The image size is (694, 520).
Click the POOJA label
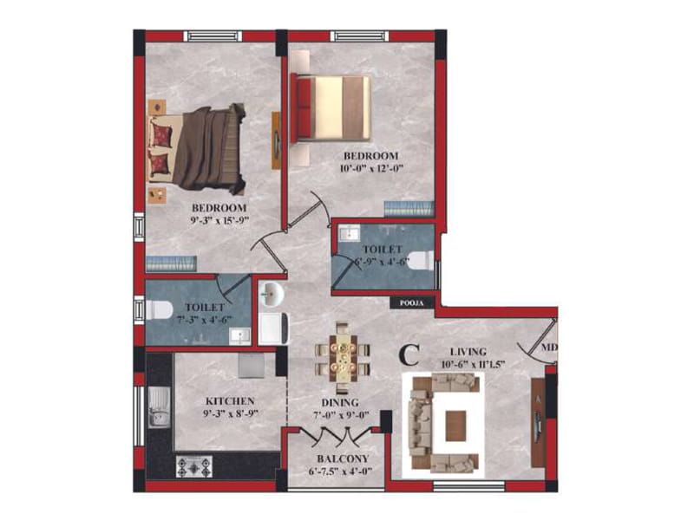click(x=411, y=302)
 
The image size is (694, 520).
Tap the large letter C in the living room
click(x=409, y=355)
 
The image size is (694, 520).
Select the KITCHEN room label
click(x=230, y=401)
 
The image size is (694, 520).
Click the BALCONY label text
click(x=343, y=458)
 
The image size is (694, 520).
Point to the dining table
click(x=342, y=357)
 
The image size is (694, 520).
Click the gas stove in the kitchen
click(x=194, y=466)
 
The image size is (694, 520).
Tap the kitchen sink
click(x=159, y=406)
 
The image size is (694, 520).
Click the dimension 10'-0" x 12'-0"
click(x=372, y=168)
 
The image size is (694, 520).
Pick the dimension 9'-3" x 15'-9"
click(x=219, y=220)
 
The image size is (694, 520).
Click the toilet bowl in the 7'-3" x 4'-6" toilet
click(x=159, y=309)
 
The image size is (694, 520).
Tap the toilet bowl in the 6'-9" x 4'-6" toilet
click(x=422, y=261)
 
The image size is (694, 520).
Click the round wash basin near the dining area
click(x=271, y=294)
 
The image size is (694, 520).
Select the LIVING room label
click(x=468, y=352)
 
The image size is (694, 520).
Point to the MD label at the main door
click(x=549, y=348)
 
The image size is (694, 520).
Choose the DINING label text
click(x=340, y=403)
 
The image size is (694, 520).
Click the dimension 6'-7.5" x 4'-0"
click(x=340, y=471)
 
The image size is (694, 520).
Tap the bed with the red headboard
click(x=331, y=107)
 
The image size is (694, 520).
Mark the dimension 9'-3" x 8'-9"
click(x=230, y=413)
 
